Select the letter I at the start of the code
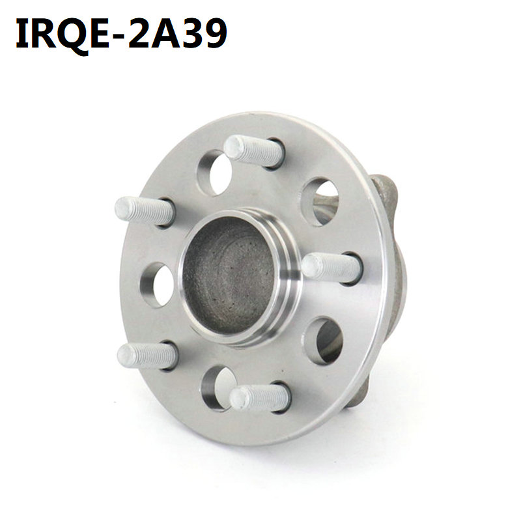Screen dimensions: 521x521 coord(23,33)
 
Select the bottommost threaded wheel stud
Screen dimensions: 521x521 coord(260,397)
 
